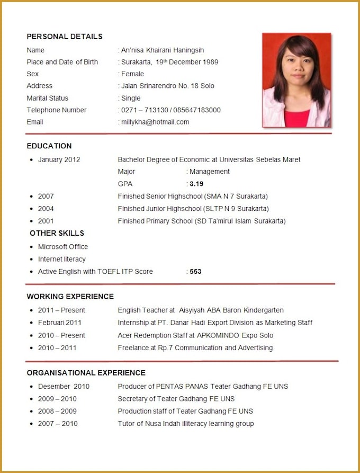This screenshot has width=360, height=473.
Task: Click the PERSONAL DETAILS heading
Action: pyautogui.click(x=65, y=37)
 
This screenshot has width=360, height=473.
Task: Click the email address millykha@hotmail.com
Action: pyautogui.click(x=155, y=122)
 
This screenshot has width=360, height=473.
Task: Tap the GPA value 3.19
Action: pyautogui.click(x=196, y=184)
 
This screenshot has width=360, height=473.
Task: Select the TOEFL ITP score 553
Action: pyautogui.click(x=195, y=271)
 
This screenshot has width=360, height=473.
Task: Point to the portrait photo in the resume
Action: pyautogui.click(x=296, y=80)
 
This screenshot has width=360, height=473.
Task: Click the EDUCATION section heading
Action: pyautogui.click(x=49, y=146)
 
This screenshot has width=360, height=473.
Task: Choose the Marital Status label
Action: pyautogui.click(x=47, y=98)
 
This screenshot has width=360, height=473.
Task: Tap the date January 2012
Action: pyautogui.click(x=59, y=159)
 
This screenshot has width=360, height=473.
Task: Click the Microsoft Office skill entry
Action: pyautogui.click(x=63, y=246)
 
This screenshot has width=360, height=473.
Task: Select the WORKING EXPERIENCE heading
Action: pyautogui.click(x=70, y=296)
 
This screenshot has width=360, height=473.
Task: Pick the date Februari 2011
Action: pyautogui.click(x=59, y=322)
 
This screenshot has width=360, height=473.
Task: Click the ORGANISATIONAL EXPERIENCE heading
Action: pyautogui.click(x=86, y=372)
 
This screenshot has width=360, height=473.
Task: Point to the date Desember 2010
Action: pyautogui.click(x=64, y=386)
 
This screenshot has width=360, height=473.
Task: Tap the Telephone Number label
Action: pyautogui.click(x=57, y=110)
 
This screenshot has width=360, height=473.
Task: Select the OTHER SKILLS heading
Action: pyautogui.click(x=57, y=233)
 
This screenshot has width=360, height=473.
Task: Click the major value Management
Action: pyautogui.click(x=209, y=172)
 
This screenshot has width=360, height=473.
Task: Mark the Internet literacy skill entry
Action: pyautogui.click(x=61, y=259)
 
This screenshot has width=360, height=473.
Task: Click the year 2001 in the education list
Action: pyautogui.click(x=46, y=221)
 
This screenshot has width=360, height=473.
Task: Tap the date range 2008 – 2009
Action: pyautogui.click(x=57, y=411)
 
